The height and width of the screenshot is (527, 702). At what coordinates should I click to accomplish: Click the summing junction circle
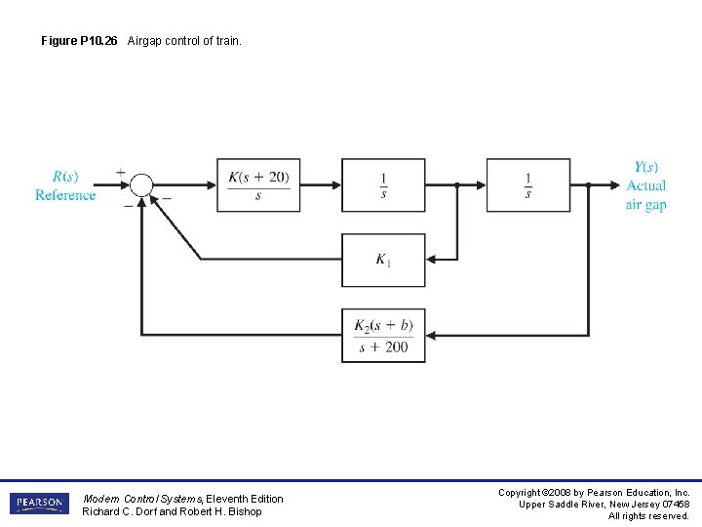[142, 184]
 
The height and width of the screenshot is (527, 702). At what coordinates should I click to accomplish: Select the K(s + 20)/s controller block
[258, 184]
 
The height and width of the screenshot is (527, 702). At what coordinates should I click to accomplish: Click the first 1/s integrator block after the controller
[383, 184]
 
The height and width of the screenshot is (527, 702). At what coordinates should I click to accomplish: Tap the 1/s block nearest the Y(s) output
[528, 184]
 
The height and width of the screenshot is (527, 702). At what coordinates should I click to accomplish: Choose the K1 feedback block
[383, 260]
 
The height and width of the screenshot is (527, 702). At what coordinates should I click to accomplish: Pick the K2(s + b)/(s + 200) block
[383, 336]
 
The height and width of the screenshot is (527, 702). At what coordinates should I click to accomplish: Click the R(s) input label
[65, 177]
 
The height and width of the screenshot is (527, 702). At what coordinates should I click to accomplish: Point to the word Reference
[65, 195]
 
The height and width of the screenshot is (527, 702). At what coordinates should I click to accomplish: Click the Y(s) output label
[645, 167]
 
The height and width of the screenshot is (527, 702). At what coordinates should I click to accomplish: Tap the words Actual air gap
[645, 195]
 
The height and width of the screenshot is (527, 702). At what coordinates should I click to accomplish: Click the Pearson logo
[39, 504]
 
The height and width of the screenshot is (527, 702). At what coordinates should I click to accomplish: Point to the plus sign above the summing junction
[122, 172]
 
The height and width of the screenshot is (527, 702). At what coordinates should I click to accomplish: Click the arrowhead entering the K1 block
[432, 260]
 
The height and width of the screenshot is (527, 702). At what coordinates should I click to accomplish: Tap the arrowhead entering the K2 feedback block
[432, 336]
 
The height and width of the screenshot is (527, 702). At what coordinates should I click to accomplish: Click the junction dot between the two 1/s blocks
[456, 184]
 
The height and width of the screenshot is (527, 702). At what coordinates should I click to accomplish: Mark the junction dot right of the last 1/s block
[588, 184]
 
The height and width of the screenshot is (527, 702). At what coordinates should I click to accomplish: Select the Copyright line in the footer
[594, 493]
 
